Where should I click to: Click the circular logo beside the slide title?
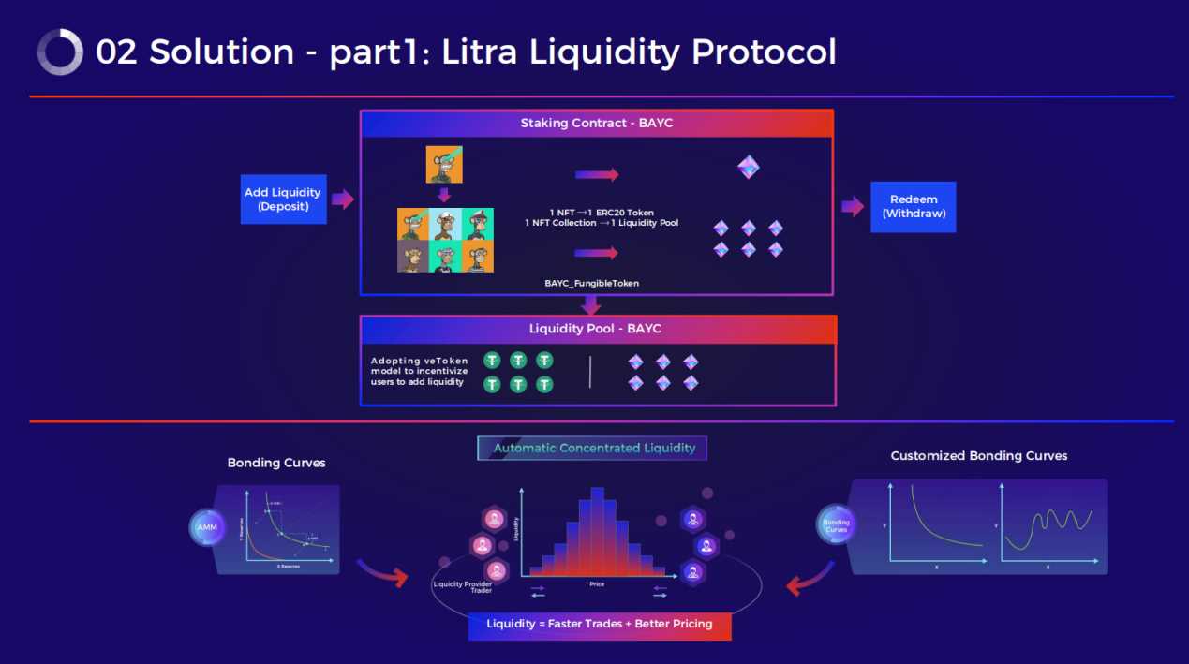pyautogui.click(x=60, y=52)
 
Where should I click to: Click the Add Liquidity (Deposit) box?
pyautogui.click(x=283, y=199)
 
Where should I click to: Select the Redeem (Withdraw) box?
pyautogui.click(x=913, y=207)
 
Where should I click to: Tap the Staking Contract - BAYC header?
pyautogui.click(x=597, y=124)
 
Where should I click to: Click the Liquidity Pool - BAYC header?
pyautogui.click(x=597, y=329)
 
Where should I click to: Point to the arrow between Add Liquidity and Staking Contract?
pyautogui.click(x=343, y=199)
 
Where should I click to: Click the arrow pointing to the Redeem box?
pyautogui.click(x=852, y=207)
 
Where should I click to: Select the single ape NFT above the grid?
pyautogui.click(x=444, y=164)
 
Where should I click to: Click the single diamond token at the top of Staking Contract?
pyautogui.click(x=748, y=168)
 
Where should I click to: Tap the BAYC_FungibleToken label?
pyautogui.click(x=591, y=283)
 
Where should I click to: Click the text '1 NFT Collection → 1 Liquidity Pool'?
pyautogui.click(x=602, y=223)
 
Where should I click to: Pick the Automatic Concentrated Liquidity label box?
pyautogui.click(x=592, y=448)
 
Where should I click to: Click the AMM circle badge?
pyautogui.click(x=206, y=527)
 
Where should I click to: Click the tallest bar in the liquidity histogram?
pyautogui.click(x=597, y=530)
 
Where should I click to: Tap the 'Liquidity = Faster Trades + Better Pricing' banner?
pyautogui.click(x=599, y=625)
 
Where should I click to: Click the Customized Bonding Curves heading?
pyautogui.click(x=978, y=456)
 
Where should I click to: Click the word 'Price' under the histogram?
pyautogui.click(x=597, y=584)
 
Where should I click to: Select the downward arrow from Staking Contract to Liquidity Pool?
pyautogui.click(x=590, y=305)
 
